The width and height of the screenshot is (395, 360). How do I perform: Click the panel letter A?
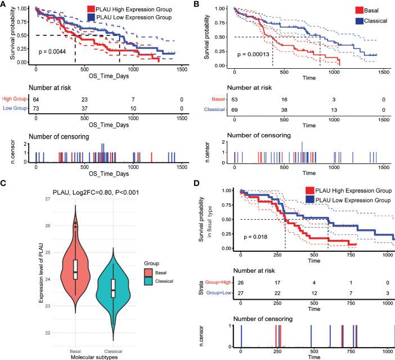point(5,5)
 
